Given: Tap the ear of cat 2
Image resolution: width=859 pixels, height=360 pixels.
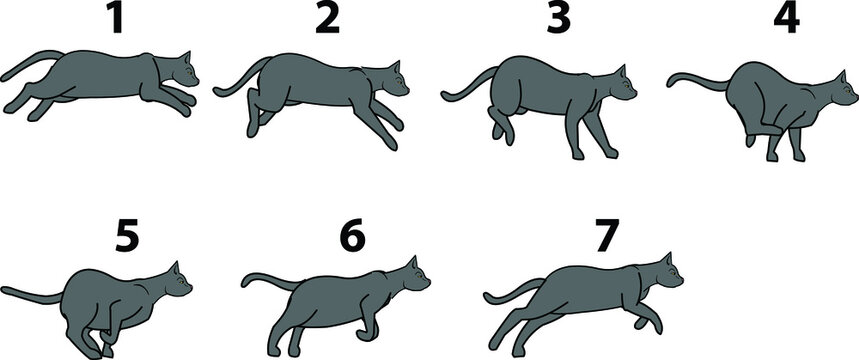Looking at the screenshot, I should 393,68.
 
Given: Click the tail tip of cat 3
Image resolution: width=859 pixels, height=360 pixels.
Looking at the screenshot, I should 445,96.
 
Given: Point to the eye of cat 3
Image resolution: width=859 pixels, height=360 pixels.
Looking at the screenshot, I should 625,85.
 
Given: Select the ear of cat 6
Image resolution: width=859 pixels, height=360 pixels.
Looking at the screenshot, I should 411,262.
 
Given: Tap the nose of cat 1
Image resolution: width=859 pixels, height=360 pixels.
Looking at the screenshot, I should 197,80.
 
